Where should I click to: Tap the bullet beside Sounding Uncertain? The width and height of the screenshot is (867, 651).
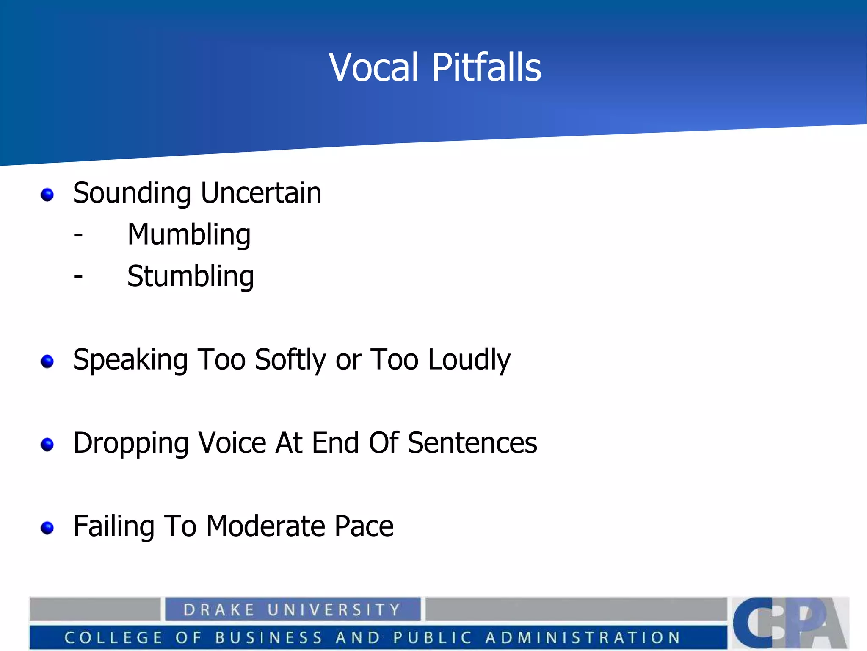[47, 195]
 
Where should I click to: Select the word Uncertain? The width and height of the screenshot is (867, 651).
[261, 193]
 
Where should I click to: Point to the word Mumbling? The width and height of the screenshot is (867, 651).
[189, 235]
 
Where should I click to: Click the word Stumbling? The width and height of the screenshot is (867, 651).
[191, 276]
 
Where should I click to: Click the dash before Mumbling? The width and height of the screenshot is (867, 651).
[78, 235]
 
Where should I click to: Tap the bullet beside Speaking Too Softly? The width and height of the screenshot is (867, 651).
[47, 362]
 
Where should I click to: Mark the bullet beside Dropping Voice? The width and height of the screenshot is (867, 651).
[47, 445]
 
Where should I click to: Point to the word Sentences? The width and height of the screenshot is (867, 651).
[472, 443]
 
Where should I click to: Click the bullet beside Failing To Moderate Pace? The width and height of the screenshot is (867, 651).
[47, 528]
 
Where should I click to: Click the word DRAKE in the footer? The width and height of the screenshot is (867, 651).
[219, 610]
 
